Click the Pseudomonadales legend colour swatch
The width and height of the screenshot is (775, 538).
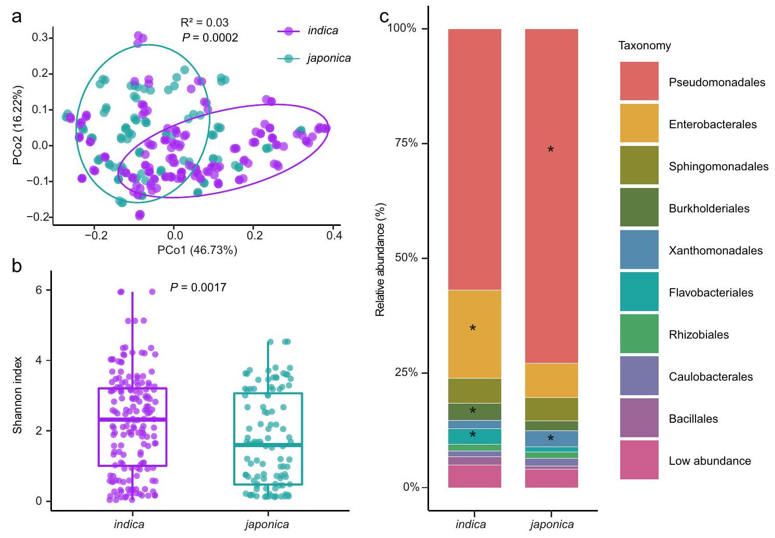click(639, 81)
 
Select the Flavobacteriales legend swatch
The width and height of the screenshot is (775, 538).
click(639, 291)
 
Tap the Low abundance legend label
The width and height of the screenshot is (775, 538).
click(710, 461)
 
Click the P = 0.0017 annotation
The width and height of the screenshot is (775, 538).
click(198, 287)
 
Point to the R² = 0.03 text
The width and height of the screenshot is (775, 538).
click(204, 22)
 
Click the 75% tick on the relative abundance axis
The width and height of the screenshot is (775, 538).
click(406, 143)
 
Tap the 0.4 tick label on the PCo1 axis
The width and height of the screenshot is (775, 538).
click(334, 235)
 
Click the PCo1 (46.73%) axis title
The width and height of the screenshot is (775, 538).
click(197, 250)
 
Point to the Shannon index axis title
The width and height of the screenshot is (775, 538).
click(18, 395)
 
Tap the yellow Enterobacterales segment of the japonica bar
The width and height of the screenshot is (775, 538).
click(551, 380)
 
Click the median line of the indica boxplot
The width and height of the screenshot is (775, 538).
click(132, 419)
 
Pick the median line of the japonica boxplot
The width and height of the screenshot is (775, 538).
click(268, 445)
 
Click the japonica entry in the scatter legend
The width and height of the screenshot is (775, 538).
click(328, 58)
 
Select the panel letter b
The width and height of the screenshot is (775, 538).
click(17, 266)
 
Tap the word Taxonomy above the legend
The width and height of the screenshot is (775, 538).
click(644, 46)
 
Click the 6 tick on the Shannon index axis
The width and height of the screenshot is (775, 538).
click(39, 290)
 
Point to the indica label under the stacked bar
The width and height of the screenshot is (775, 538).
click(471, 524)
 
